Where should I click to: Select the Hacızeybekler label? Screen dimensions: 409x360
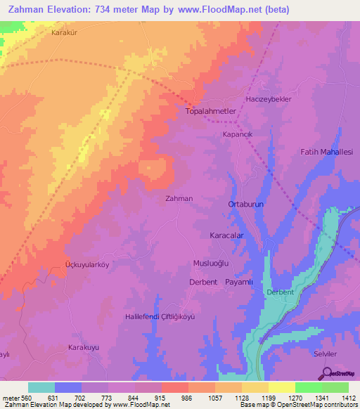[x=268, y=99]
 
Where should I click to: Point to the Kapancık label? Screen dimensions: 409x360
[x=237, y=134]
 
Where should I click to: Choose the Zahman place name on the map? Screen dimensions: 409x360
[x=179, y=199]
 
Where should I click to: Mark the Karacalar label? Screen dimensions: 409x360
[x=227, y=236]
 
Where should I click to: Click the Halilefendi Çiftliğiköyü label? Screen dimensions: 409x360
[x=159, y=316]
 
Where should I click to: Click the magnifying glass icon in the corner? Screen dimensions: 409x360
[x=326, y=372]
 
